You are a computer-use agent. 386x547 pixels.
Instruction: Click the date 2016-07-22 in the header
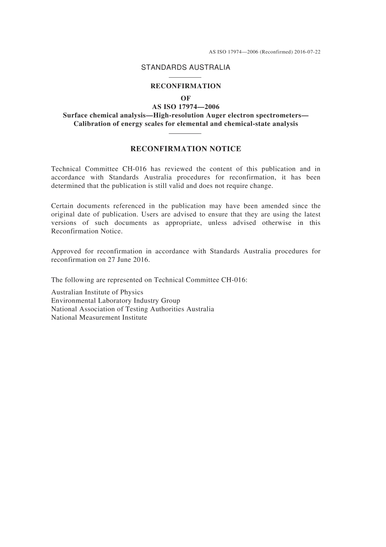point(308,52)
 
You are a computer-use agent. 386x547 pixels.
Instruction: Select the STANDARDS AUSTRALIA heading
point(186,68)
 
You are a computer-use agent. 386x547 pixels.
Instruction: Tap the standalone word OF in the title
point(186,98)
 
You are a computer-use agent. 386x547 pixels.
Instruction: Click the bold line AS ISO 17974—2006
point(186,107)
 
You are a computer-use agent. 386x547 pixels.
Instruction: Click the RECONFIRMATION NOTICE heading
point(186,149)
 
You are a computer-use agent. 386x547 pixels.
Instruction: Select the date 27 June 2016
point(128,259)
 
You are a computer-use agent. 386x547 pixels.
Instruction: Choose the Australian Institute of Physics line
point(97,292)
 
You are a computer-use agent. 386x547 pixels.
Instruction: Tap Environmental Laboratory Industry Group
point(115,301)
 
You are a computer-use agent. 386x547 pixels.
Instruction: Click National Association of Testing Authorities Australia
point(132,309)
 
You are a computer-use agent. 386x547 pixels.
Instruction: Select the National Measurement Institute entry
point(99,318)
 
